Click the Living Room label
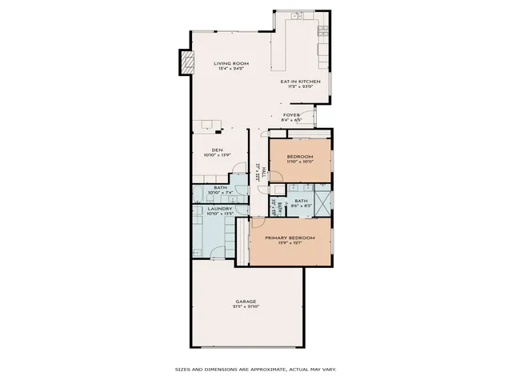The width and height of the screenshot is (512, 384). click(x=232, y=63)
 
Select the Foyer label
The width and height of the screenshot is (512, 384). click(x=291, y=115)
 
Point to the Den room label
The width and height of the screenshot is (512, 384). click(x=216, y=150)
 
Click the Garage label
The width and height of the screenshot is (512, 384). click(x=246, y=302)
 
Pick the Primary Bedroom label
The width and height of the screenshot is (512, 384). click(x=290, y=238)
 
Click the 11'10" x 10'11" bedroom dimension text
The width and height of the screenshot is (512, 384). click(x=299, y=162)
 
